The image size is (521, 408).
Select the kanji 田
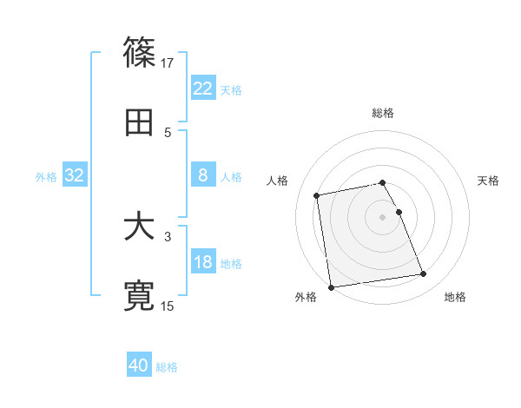(x=140, y=123)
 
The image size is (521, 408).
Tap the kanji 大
(x=140, y=227)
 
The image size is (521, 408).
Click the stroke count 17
(x=168, y=63)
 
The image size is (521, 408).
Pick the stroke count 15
(x=168, y=306)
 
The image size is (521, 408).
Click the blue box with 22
(x=203, y=89)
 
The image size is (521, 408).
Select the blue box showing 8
(x=203, y=175)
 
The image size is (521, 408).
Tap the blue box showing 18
(x=203, y=262)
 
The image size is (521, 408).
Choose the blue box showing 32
(x=75, y=175)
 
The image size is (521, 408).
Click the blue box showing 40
(x=139, y=365)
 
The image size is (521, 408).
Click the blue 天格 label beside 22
(x=231, y=89)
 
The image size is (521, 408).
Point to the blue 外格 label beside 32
(x=46, y=176)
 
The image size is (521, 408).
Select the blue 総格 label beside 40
(x=167, y=366)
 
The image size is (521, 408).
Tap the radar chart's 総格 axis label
(x=383, y=113)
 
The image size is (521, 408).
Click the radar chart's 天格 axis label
(x=488, y=181)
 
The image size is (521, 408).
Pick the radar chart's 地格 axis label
(x=455, y=297)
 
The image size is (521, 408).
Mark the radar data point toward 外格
(x=330, y=287)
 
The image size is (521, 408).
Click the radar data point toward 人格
(x=317, y=194)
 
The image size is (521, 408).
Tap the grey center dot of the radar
(x=383, y=216)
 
